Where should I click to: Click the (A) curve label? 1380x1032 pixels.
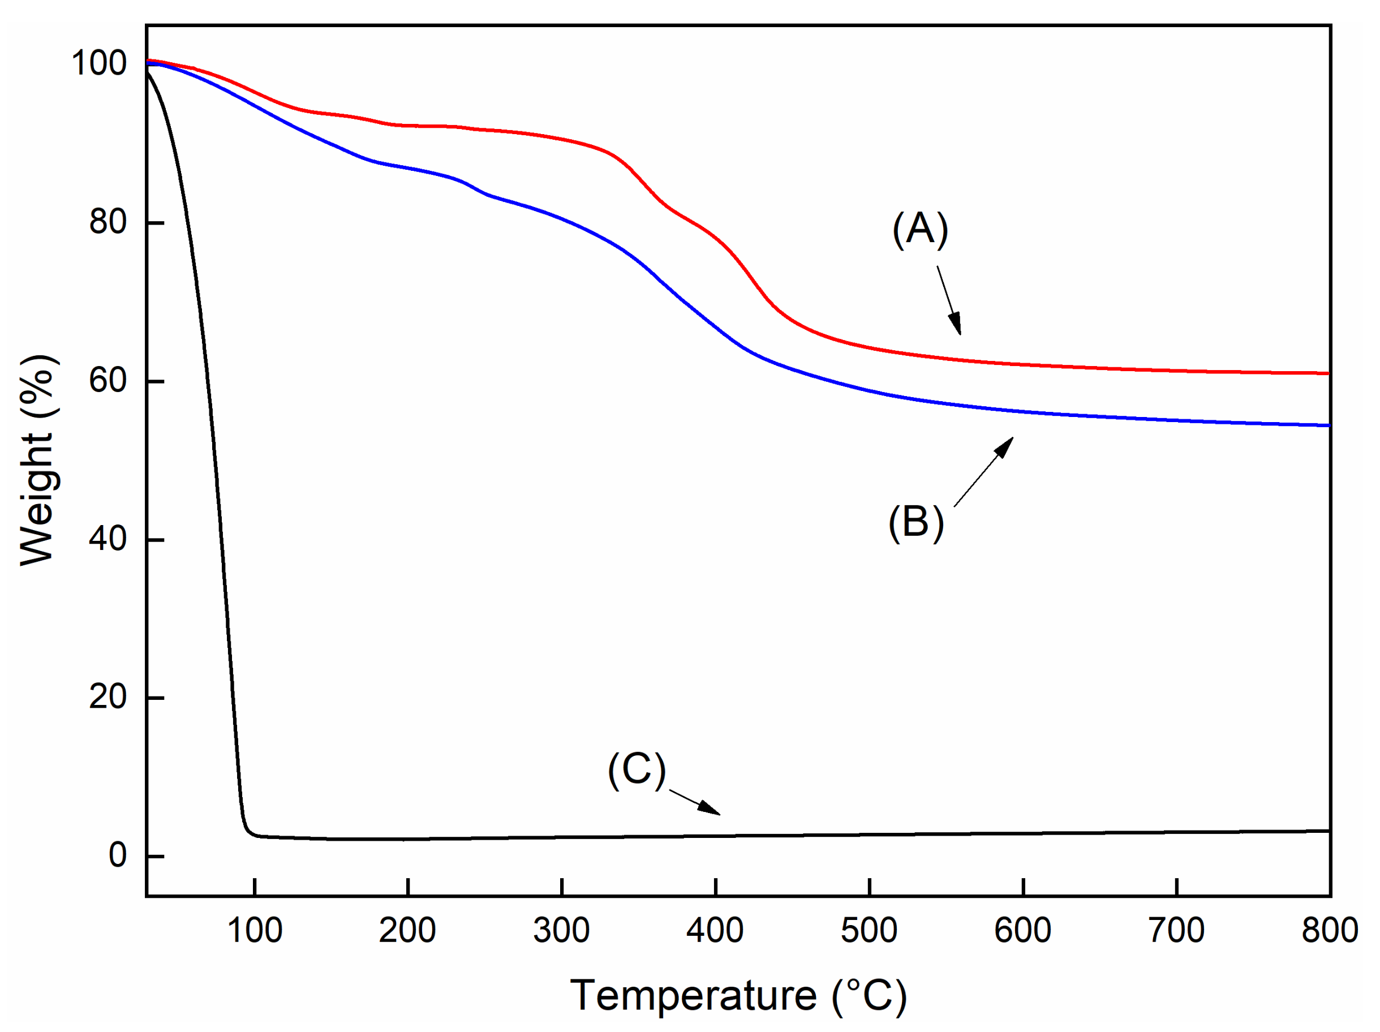[919, 229]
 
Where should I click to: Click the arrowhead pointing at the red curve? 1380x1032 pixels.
[955, 324]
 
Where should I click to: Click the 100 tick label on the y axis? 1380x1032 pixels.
[98, 63]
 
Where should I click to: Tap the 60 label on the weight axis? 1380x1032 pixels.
[108, 380]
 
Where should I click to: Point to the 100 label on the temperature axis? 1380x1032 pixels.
[255, 930]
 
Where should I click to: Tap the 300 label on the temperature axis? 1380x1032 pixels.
[561, 930]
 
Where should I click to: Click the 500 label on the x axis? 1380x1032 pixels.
[869, 930]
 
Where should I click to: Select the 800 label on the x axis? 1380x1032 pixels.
[1329, 930]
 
